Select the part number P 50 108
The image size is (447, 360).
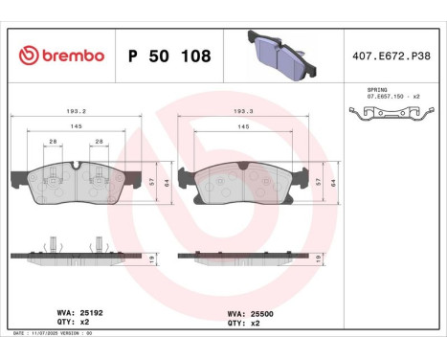pos(168,56)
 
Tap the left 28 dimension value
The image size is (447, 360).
pos(52,142)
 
